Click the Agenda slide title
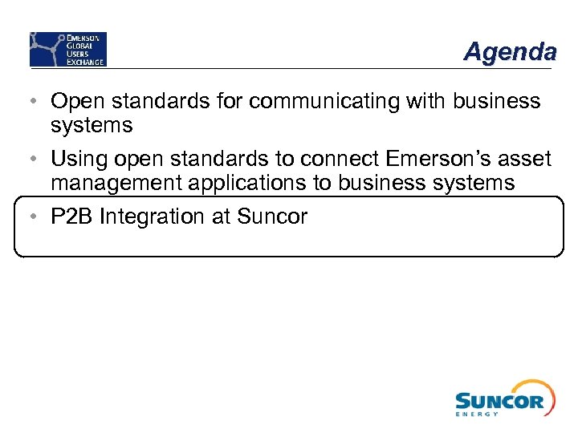(510, 52)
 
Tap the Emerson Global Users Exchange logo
(68, 49)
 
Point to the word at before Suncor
(220, 216)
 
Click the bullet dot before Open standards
(29, 102)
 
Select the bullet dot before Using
(29, 160)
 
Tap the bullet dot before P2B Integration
(29, 216)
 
